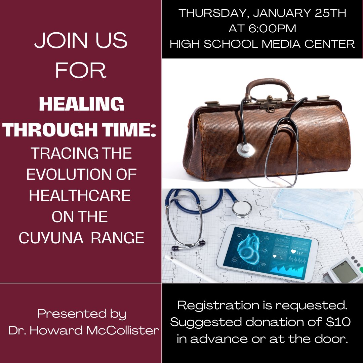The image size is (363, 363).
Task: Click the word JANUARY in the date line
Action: tap(277, 13)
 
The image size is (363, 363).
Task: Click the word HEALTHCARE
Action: tap(80, 196)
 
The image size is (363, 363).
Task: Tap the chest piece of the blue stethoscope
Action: tap(242, 208)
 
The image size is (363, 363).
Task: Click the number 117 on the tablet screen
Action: tap(299, 253)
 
